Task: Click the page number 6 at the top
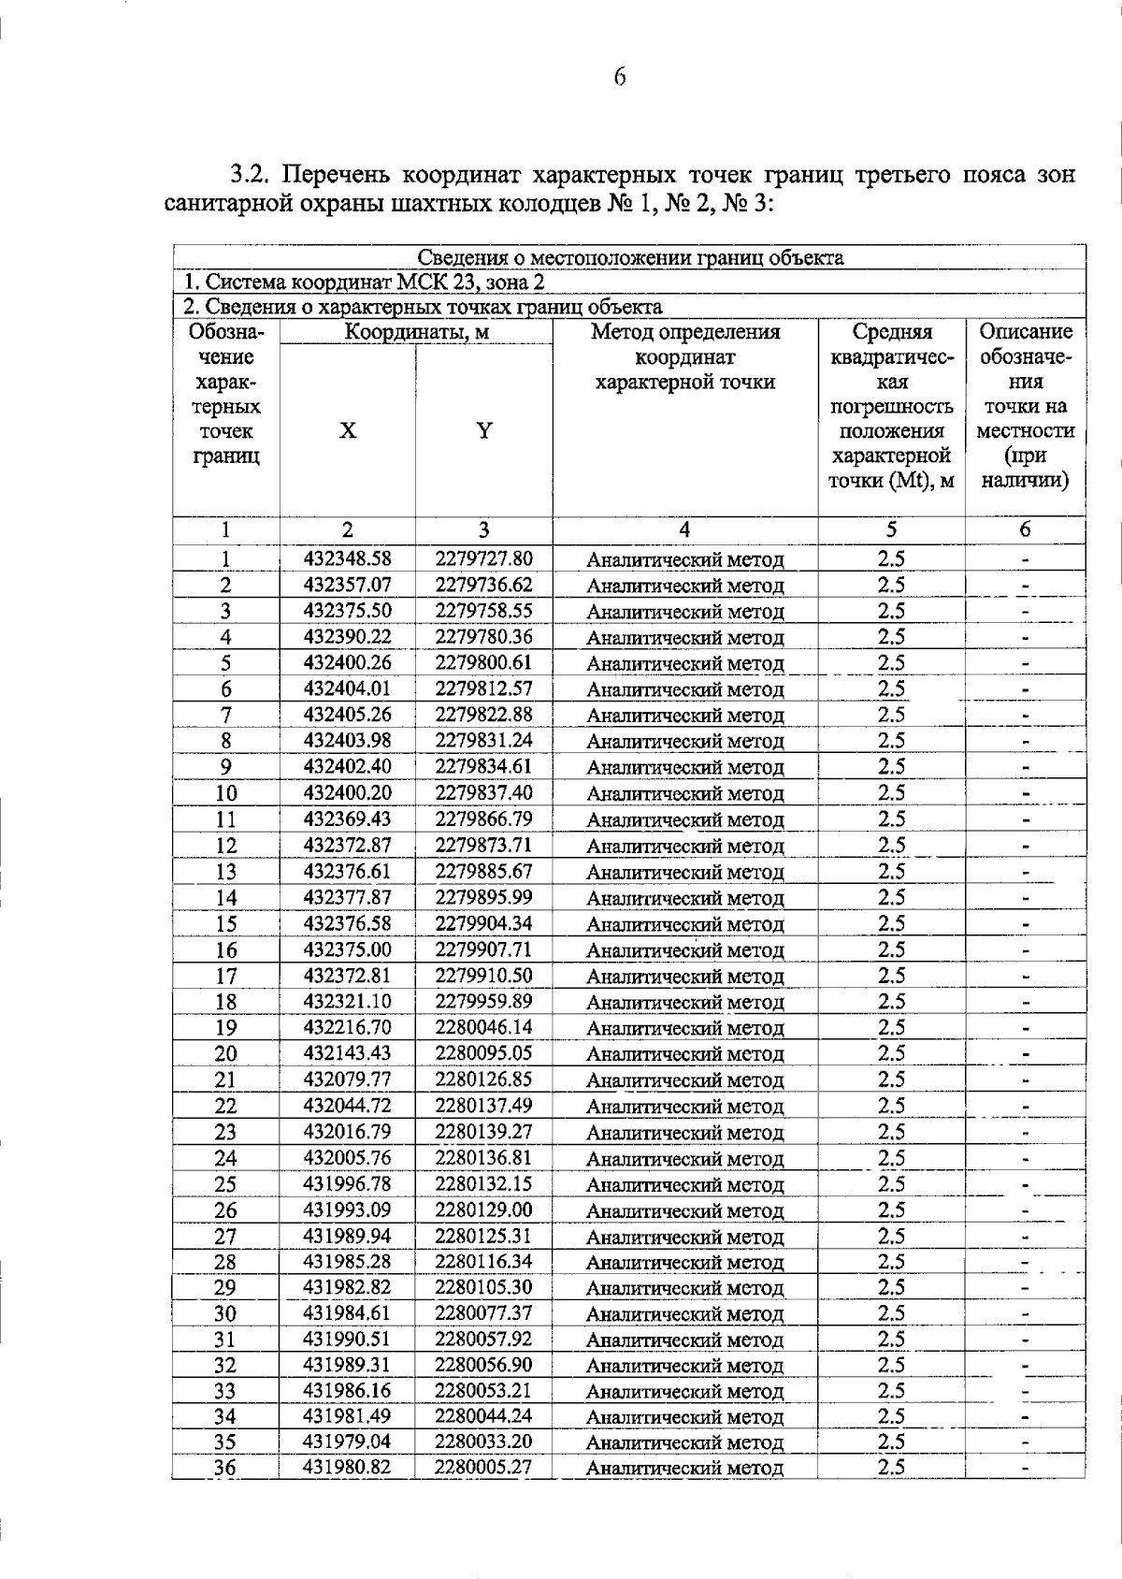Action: (619, 78)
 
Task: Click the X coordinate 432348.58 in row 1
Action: (347, 559)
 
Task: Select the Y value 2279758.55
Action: (483, 612)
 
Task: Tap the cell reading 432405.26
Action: (347, 716)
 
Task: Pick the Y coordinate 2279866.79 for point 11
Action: (483, 819)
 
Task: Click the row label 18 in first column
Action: (225, 1003)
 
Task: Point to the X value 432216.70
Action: (347, 1028)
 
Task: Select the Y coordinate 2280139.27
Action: (483, 1132)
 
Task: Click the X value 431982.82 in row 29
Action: (347, 1288)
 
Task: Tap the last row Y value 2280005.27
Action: (483, 1467)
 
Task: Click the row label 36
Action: (225, 1468)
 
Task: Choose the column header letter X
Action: (347, 431)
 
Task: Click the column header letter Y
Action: (483, 431)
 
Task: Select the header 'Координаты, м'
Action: (416, 332)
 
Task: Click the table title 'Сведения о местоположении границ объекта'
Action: (629, 258)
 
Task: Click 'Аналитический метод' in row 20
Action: (684, 1054)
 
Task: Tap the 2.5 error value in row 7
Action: (891, 716)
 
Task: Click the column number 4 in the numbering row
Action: (684, 530)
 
